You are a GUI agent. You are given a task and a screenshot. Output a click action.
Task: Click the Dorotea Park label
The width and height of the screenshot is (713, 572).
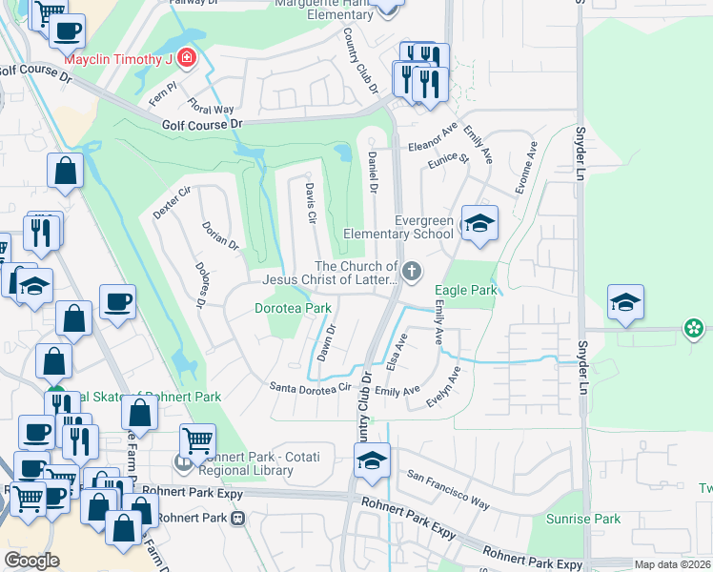[x=293, y=308]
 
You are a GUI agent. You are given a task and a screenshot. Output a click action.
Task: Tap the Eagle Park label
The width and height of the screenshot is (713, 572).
[x=466, y=290]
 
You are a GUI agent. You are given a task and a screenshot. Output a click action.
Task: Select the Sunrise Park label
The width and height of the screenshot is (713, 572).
[x=583, y=520]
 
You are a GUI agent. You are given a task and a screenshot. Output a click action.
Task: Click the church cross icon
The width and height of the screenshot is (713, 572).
[x=412, y=273]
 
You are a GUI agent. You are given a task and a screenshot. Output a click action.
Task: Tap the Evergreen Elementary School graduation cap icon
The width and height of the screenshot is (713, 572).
[x=479, y=224]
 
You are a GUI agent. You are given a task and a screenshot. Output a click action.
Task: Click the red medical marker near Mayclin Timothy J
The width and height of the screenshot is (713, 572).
[x=187, y=59]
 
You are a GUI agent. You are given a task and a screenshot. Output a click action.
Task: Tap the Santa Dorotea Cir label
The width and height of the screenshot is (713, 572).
[x=311, y=387]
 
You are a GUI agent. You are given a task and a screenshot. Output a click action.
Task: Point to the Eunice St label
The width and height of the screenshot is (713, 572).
[x=452, y=158]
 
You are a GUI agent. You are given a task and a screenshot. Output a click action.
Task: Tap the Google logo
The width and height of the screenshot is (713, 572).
[x=31, y=561]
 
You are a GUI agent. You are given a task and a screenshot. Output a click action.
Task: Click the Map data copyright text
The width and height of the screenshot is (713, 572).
[x=671, y=564]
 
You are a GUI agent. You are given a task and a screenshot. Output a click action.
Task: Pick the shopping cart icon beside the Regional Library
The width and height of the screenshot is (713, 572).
[x=197, y=440]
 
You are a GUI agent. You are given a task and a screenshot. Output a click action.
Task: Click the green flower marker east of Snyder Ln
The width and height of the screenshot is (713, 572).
[x=693, y=330]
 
